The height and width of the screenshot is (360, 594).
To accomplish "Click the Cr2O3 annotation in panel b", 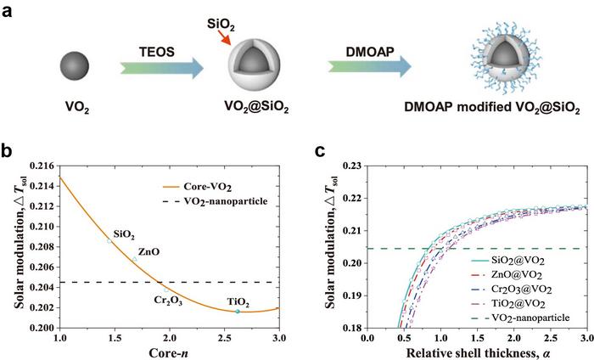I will click(165, 300).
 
